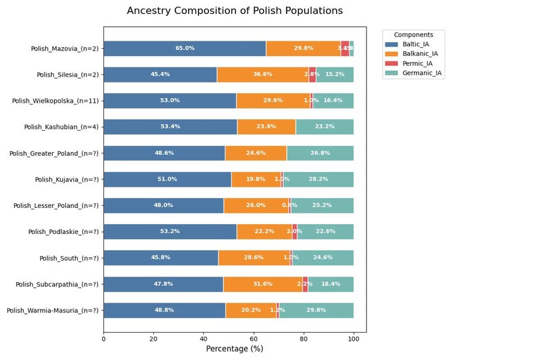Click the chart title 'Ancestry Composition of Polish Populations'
coord(235,11)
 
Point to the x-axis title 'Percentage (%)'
coord(235,349)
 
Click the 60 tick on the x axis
coord(253,339)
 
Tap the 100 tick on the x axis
coord(353,339)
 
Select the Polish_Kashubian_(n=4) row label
coord(61,127)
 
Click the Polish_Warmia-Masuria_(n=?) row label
coord(52,311)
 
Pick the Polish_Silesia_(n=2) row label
coord(67,75)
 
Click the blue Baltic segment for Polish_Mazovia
coord(185,48)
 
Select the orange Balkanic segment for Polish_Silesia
coord(263,75)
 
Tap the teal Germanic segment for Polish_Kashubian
coord(325,127)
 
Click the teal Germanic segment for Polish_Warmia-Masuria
coord(317,311)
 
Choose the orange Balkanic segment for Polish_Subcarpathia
coord(263,284)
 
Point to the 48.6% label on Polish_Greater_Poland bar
coord(164,153)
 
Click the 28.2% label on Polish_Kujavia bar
coord(319,179)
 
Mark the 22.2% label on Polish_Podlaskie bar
coord(264,232)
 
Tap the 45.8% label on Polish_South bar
coord(161,258)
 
